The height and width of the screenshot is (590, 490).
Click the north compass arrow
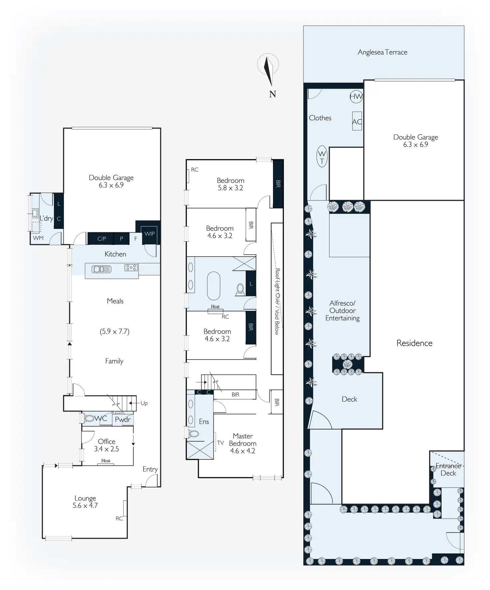[x=268, y=70]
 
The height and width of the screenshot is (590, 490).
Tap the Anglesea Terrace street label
[x=382, y=52]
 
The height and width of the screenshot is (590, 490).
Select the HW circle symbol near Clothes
[x=356, y=97]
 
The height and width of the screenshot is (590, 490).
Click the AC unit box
[x=357, y=121]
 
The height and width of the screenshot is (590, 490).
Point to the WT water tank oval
[x=322, y=157]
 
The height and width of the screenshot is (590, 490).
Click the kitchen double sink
[x=102, y=269]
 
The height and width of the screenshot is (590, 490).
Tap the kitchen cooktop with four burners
[x=131, y=267]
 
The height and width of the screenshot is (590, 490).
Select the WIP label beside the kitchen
[x=149, y=234]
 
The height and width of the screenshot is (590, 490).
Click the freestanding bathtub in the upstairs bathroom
[x=214, y=286]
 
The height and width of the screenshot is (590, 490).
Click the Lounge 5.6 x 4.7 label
[x=85, y=502]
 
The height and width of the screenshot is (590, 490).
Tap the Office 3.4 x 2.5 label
[x=107, y=445]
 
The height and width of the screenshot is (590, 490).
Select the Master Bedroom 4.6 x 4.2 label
[x=243, y=443]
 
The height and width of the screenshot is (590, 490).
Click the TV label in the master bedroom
[x=220, y=443]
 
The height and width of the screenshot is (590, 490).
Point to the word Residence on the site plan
[x=414, y=343]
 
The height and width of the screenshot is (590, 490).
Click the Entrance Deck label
[x=448, y=469]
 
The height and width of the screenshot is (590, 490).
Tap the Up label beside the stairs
[x=144, y=403]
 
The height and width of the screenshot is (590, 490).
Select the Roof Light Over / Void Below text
[x=277, y=301]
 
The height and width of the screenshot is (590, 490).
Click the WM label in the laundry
[x=38, y=238]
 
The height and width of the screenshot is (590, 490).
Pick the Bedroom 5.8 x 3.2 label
[x=230, y=184]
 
